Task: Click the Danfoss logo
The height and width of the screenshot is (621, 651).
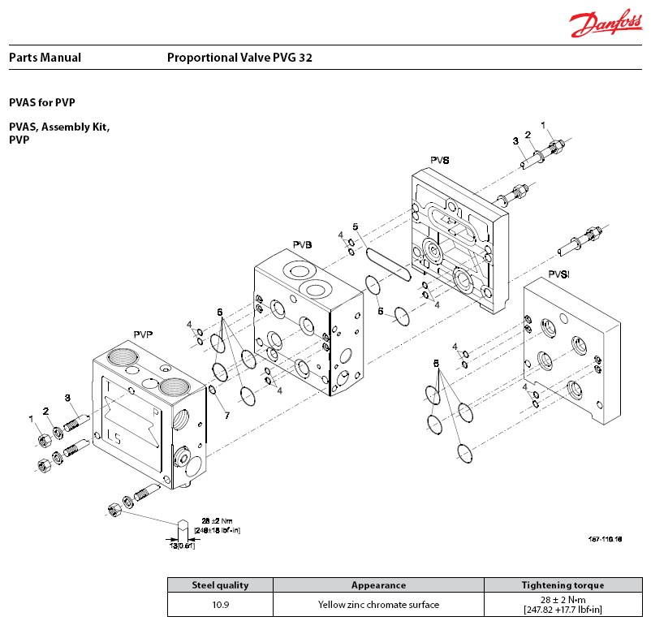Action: click(604, 24)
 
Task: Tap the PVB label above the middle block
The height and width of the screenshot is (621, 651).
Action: click(303, 244)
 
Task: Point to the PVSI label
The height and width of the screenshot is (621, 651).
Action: click(558, 274)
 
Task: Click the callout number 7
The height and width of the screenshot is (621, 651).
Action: click(227, 416)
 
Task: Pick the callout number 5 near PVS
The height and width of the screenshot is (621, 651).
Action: click(355, 226)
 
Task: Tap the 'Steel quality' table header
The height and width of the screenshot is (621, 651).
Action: click(220, 584)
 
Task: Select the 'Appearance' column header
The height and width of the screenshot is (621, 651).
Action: click(378, 584)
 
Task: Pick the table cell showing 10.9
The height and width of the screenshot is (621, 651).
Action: click(220, 604)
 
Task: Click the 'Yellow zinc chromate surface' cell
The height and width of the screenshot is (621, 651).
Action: click(378, 604)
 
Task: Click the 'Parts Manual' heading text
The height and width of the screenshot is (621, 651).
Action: click(45, 58)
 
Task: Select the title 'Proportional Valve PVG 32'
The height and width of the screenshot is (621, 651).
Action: click(239, 58)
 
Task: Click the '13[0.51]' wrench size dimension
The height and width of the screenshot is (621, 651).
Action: click(183, 545)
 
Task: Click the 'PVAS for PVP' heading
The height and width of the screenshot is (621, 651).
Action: click(47, 103)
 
